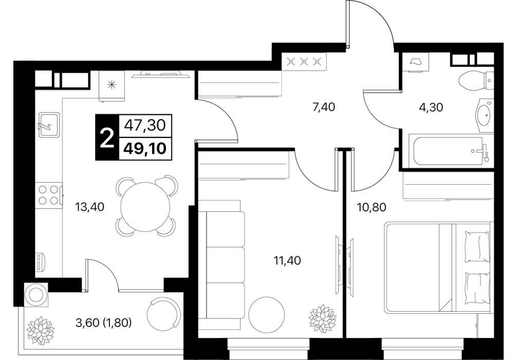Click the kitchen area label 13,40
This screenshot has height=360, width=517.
90,207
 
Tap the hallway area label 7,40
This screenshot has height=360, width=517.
323,107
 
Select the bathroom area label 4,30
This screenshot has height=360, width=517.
431,107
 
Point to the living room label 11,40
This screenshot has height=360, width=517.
287,261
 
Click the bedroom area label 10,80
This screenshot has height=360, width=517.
371,207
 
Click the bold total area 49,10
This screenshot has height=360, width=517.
145,149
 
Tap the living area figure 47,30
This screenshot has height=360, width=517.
145,125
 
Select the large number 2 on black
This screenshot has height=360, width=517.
106,138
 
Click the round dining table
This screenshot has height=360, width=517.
145,207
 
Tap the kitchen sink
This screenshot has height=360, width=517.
49,125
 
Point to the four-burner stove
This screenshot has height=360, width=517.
49,195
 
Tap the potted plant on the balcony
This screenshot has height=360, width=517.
41,330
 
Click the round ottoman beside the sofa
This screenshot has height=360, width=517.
266,314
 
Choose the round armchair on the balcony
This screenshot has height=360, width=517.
164,313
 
